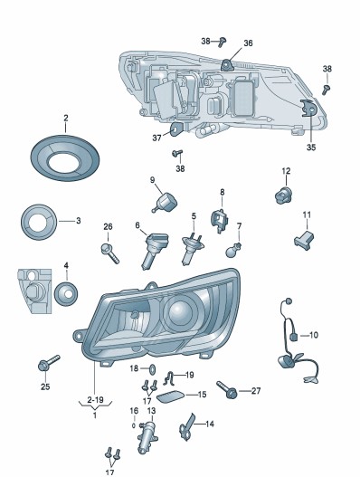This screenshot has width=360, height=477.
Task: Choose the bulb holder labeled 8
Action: [220, 220]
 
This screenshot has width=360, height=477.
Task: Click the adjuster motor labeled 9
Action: [166, 202]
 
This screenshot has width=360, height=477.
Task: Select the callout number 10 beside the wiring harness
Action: [314, 335]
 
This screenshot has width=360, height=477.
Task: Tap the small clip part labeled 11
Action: [304, 238]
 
